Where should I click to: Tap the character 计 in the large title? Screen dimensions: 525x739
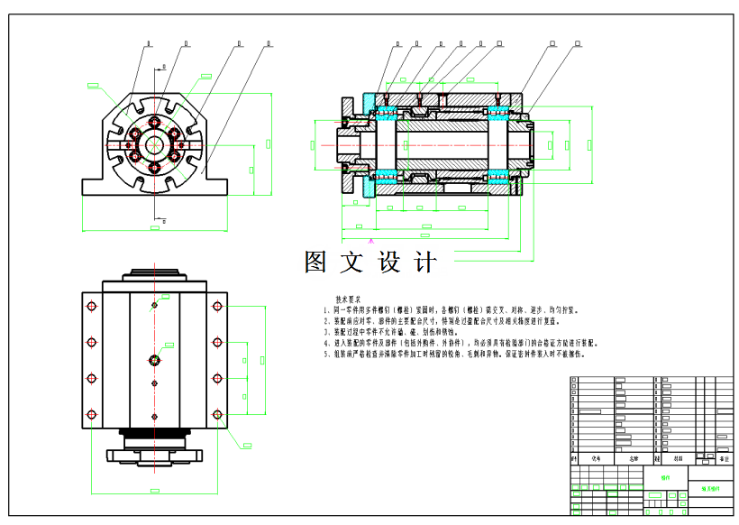(424, 262)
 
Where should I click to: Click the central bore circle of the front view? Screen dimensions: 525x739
(154, 143)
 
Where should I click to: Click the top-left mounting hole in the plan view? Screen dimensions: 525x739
(91, 308)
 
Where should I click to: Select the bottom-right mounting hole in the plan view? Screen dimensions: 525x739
(217, 415)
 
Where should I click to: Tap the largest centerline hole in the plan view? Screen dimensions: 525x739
(154, 361)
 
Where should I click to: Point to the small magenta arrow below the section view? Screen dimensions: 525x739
(370, 242)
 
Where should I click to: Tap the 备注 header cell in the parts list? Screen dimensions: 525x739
(724, 458)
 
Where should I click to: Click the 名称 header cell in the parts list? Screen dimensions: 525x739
(621, 458)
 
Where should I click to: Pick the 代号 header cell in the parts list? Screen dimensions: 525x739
(596, 458)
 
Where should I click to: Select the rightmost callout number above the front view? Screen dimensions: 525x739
(269, 42)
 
